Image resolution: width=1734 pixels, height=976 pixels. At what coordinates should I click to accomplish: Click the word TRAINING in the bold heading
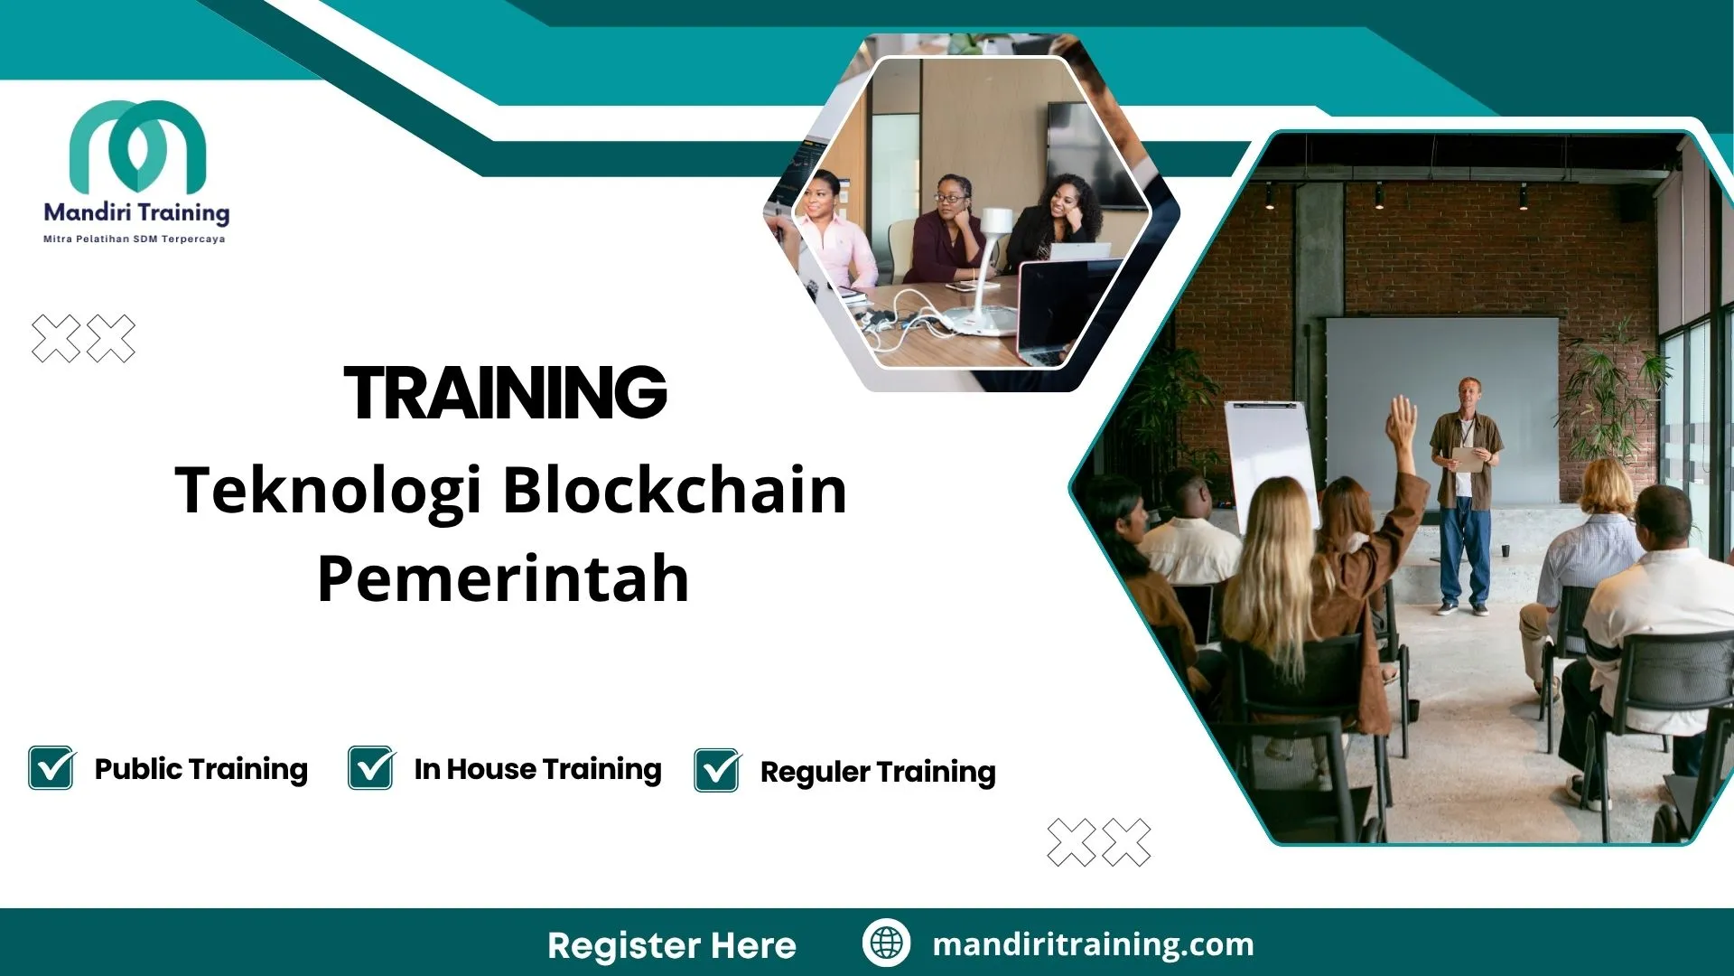click(505, 393)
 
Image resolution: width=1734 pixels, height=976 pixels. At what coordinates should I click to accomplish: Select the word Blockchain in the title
click(674, 490)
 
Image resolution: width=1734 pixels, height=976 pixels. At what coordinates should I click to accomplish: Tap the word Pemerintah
click(503, 578)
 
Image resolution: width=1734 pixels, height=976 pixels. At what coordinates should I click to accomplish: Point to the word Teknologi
click(327, 490)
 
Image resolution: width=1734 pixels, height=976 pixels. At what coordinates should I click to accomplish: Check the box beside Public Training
click(51, 768)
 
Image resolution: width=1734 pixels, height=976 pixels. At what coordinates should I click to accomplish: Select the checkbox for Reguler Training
click(717, 771)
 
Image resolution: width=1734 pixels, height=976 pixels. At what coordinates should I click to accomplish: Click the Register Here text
click(671, 945)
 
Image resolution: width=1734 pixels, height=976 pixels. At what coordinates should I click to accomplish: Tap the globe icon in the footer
click(886, 943)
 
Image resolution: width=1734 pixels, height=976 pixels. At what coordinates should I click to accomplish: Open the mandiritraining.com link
click(1093, 944)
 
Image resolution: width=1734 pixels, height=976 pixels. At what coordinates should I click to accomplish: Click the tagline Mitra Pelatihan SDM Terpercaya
click(135, 239)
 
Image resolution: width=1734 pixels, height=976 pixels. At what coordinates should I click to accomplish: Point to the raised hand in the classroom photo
click(1403, 422)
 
